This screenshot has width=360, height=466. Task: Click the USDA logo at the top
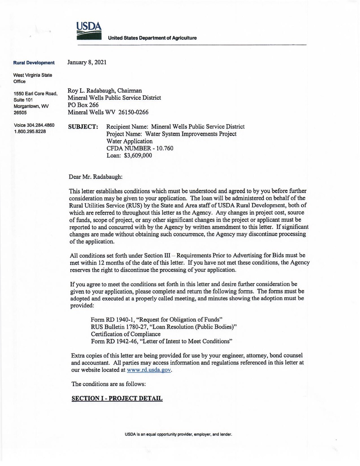[x=89, y=31]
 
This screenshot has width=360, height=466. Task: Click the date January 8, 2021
[x=87, y=62]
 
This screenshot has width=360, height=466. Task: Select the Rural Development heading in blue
[x=34, y=63]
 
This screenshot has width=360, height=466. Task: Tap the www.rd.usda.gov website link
[x=149, y=370]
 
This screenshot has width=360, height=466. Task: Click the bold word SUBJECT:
[x=83, y=127]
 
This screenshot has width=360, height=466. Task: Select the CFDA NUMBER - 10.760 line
[x=140, y=148]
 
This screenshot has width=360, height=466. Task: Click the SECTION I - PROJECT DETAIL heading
[x=117, y=398]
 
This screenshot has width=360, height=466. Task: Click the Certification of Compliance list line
[x=126, y=334]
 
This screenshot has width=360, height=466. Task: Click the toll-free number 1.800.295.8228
[x=30, y=132]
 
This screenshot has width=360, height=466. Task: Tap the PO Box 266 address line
[x=83, y=105]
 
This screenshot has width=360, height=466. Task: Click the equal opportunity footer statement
[x=178, y=434]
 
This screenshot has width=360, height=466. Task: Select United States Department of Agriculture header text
[x=152, y=38]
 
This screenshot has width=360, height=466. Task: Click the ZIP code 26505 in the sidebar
[x=20, y=112]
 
